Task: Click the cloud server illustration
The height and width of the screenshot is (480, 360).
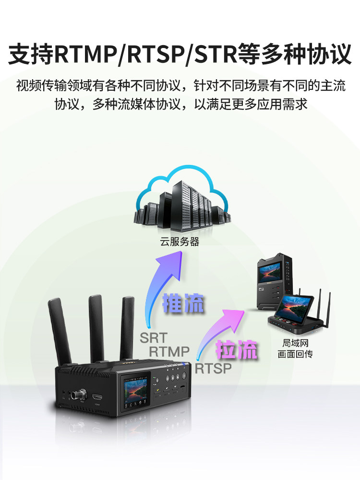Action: pos(180,199)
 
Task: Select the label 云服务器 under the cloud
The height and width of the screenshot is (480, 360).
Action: pos(180,242)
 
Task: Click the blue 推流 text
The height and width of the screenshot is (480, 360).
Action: pos(183,304)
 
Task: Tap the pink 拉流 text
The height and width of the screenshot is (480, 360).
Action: pos(237,350)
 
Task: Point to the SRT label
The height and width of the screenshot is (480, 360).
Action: pos(154,337)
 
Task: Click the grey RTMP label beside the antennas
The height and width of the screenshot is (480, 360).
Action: pos(169,352)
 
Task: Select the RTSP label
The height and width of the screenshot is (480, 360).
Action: pos(213,368)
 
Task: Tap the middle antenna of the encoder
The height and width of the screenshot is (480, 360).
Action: pos(96,326)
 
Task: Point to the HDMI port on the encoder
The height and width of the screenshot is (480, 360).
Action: pos(97,397)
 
